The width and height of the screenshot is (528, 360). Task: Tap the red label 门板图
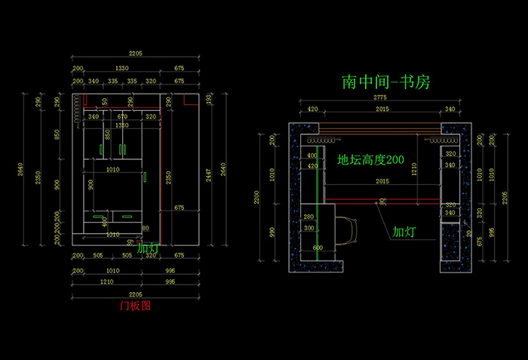click(x=136, y=306)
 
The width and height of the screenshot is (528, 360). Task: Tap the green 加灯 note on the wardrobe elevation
click(x=148, y=247)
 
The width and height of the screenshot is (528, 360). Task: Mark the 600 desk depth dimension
click(x=318, y=248)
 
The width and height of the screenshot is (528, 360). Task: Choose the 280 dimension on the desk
click(x=308, y=217)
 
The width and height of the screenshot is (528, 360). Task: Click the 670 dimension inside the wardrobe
click(x=123, y=116)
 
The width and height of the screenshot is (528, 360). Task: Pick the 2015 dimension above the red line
click(x=382, y=181)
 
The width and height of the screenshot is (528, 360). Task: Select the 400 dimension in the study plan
click(x=312, y=156)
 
